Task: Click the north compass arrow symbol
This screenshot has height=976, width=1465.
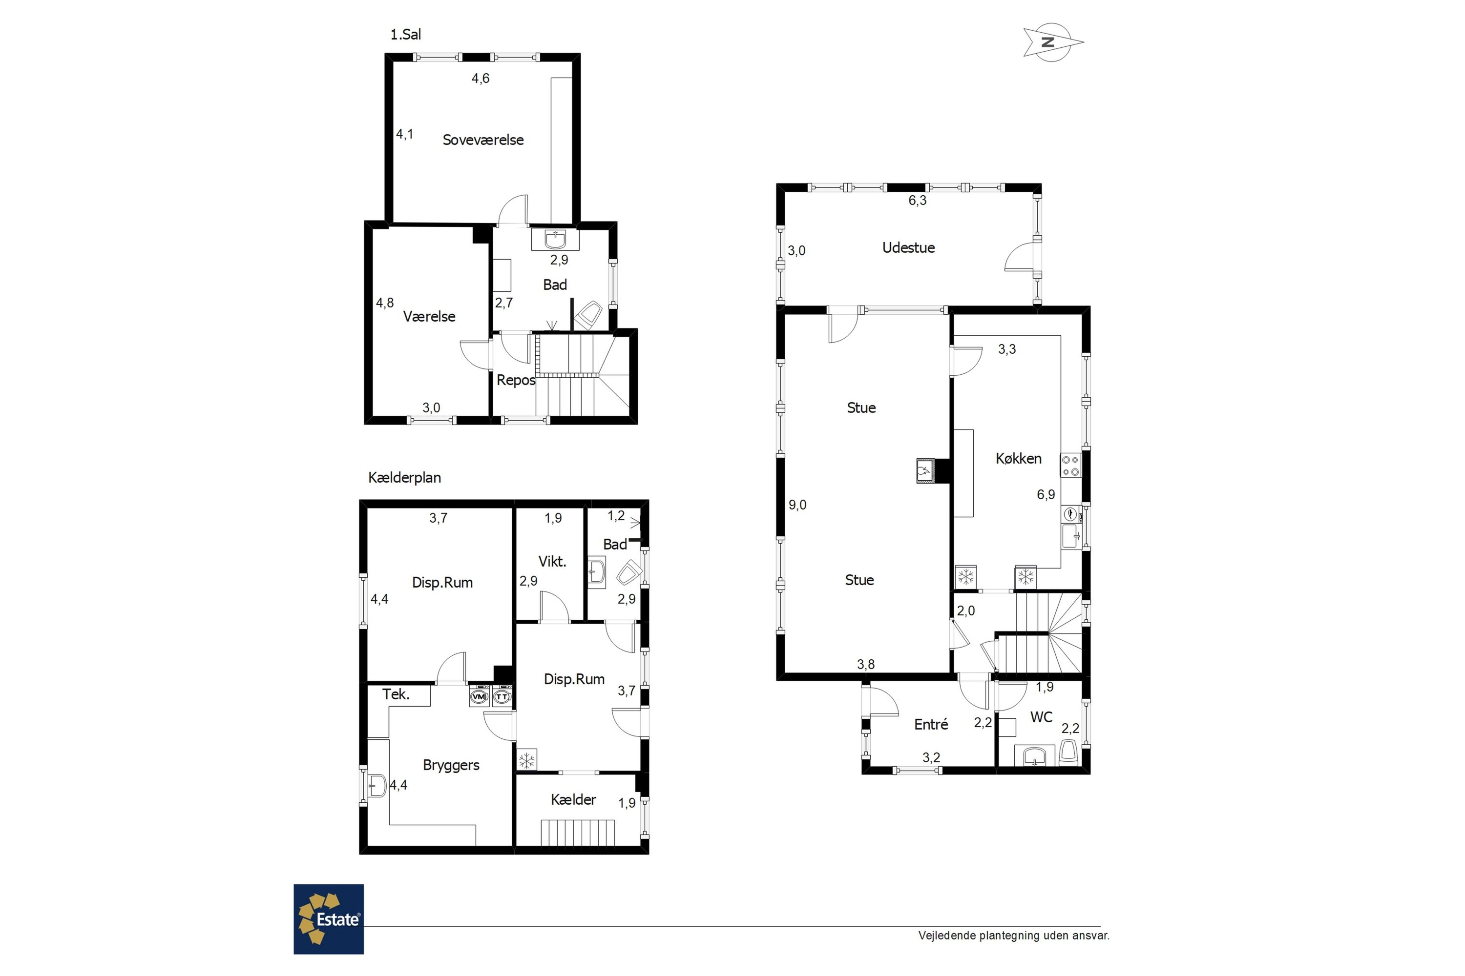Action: coord(1053,42)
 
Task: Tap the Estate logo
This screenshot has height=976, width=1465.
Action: coord(329,919)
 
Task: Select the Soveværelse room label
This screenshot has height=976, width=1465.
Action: coord(483,140)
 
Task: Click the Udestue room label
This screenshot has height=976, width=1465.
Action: coord(908,248)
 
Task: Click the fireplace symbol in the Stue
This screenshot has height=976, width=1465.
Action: coord(924,471)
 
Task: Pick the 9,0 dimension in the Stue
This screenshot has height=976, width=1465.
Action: coord(797,505)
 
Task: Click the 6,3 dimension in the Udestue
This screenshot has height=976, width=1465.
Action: coord(918,201)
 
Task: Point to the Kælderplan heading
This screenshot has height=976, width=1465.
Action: coord(405,478)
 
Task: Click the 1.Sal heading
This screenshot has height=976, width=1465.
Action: coord(405,35)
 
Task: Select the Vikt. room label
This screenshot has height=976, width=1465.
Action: coord(552,562)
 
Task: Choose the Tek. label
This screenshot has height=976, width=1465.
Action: coord(396,694)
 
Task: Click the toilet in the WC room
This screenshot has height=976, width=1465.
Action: coord(1069,753)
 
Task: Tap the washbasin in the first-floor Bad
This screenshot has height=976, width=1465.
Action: coord(555,240)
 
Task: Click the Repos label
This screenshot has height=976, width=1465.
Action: coord(516,380)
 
